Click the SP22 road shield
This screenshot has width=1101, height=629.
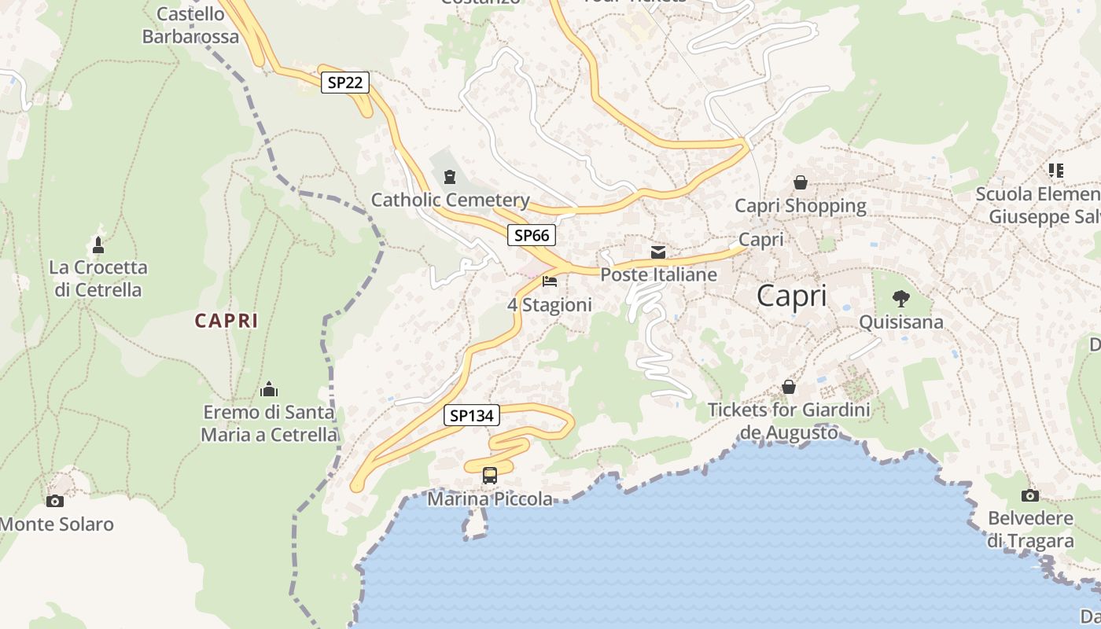click(345, 83)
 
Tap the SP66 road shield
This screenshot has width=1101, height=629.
click(532, 234)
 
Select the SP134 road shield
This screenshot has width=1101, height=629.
click(472, 415)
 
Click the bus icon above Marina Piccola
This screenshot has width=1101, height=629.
click(490, 475)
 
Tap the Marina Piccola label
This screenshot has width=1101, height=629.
click(490, 499)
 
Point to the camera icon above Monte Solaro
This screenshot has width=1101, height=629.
click(55, 501)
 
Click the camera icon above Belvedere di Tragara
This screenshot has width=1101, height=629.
click(1029, 495)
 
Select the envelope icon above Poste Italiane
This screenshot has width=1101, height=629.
click(658, 252)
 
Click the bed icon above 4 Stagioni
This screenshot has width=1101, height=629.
click(550, 281)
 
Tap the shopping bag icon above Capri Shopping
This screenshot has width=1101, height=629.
click(801, 182)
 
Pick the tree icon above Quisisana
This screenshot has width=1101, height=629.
click(901, 299)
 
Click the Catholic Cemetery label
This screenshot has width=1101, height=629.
click(450, 200)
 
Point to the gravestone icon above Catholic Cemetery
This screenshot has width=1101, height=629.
click(450, 177)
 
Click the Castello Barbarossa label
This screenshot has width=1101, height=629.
click(190, 25)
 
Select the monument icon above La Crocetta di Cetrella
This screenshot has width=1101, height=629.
click(98, 244)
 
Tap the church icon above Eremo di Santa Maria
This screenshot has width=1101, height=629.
click(269, 389)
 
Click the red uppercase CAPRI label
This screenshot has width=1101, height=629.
click(226, 321)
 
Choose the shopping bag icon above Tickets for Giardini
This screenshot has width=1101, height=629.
click(789, 387)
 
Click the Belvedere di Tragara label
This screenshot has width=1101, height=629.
click(1030, 530)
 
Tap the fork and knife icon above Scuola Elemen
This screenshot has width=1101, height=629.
click(1056, 170)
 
